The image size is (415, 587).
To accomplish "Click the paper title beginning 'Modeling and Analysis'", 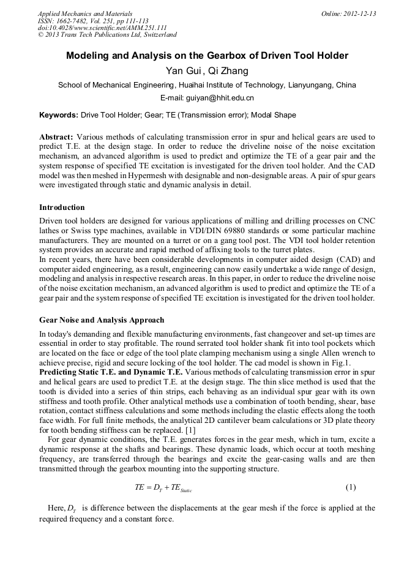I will (x=207, y=56).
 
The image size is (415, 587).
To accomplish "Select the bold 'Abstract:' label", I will (x=56, y=137).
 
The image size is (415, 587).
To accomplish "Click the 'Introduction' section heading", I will (x=62, y=208).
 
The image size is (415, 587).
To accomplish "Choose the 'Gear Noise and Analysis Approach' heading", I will (x=102, y=320).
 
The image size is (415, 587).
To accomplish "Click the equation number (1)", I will (x=350, y=487).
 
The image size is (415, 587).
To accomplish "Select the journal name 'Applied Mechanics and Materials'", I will (x=85, y=13).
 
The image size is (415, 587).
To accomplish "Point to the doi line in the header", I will (x=102, y=28).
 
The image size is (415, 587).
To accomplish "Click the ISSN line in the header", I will (x=94, y=21).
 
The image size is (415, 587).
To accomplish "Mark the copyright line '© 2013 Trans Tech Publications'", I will (x=108, y=35).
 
